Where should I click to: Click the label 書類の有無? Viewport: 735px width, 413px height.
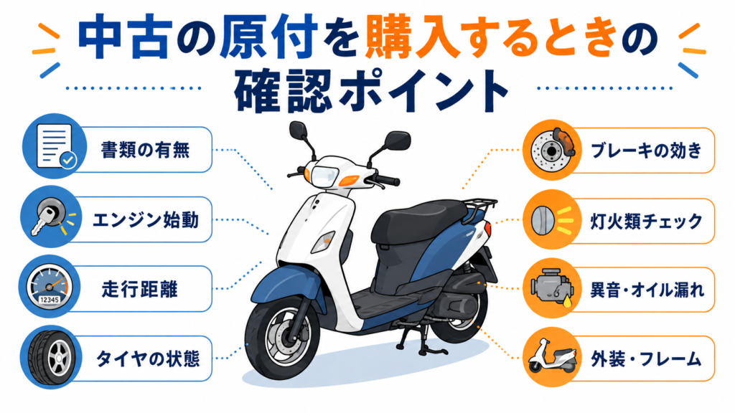click(x=145, y=151)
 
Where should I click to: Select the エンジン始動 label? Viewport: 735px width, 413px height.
click(x=146, y=220)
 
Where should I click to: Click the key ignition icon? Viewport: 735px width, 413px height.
click(x=52, y=217)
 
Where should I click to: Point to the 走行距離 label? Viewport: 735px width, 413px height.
click(x=140, y=290)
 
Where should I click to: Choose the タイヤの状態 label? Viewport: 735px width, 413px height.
click(x=148, y=359)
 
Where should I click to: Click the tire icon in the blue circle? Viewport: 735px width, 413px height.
click(x=52, y=357)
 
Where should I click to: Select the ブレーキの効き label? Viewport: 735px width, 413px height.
click(x=647, y=151)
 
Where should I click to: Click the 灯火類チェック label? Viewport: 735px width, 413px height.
click(x=647, y=221)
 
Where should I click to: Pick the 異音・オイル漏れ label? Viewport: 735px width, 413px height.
click(x=647, y=290)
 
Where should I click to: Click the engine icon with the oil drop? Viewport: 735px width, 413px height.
click(x=552, y=288)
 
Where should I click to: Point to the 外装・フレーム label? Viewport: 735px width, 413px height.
click(x=646, y=360)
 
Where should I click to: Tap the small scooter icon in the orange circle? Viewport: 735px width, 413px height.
click(x=552, y=356)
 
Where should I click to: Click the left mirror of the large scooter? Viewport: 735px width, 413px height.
click(x=299, y=130)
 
